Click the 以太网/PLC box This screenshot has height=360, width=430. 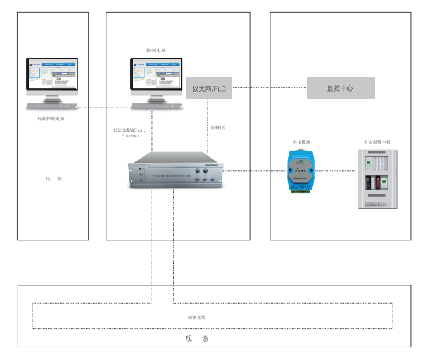[209, 88]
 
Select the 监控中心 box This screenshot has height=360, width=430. [341, 88]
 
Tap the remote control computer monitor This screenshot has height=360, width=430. [53, 75]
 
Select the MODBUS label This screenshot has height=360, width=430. [218, 128]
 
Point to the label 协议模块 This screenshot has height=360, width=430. [301, 142]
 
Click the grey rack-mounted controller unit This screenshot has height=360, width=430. [175, 171]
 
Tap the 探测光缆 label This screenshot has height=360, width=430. [196, 318]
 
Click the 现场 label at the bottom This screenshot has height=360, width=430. [196, 339]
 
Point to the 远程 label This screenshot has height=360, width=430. [53, 179]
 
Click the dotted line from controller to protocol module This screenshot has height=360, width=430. [253, 170]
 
